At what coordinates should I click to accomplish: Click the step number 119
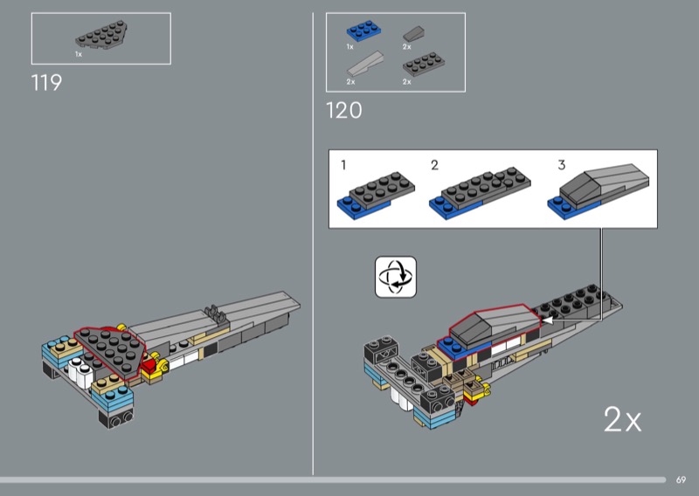[46, 83]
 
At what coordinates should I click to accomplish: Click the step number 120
[343, 111]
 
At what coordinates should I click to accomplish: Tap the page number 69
[681, 480]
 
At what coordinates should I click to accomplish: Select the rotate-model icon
[396, 277]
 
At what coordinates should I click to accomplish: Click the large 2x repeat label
[622, 419]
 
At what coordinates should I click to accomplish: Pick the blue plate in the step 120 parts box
[363, 31]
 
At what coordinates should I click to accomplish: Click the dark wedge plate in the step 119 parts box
[101, 35]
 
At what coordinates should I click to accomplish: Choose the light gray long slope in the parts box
[365, 64]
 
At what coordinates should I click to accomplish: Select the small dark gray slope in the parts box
[413, 34]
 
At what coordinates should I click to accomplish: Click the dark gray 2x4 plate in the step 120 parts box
[424, 65]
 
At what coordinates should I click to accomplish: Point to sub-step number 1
[343, 165]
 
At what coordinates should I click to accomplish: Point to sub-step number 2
[434, 165]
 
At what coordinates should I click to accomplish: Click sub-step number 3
[562, 165]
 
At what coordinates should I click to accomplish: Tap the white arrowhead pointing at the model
[547, 320]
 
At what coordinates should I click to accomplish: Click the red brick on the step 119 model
[149, 365]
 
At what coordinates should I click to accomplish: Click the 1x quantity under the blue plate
[350, 47]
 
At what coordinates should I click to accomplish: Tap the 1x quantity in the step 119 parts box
[79, 54]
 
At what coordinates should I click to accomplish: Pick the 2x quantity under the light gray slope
[351, 82]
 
